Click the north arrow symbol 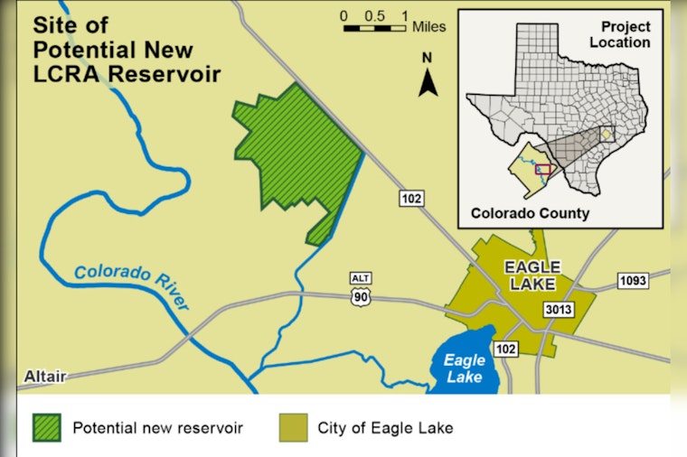pos(428,82)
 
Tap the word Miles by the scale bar pos(428,27)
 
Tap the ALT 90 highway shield pos(361,286)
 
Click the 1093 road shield pos(633,281)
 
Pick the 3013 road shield pos(560,310)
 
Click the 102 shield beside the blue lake pos(505,349)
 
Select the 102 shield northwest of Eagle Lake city pos(411,198)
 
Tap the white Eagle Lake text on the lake pos(465,368)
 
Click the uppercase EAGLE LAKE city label pos(532,275)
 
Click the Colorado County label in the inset pos(530,214)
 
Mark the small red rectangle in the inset pos(543,169)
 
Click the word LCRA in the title pos(69,74)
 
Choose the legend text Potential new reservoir pos(158,426)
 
